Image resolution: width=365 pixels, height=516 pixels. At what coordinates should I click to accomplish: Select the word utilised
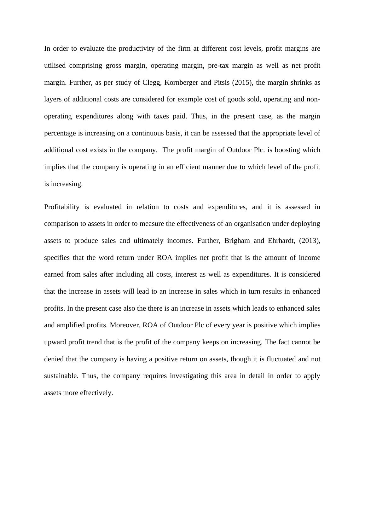(55, 66)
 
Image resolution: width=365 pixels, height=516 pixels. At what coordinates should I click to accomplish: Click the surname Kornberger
(182, 83)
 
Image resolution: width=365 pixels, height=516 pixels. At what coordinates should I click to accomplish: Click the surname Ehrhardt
(281, 241)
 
